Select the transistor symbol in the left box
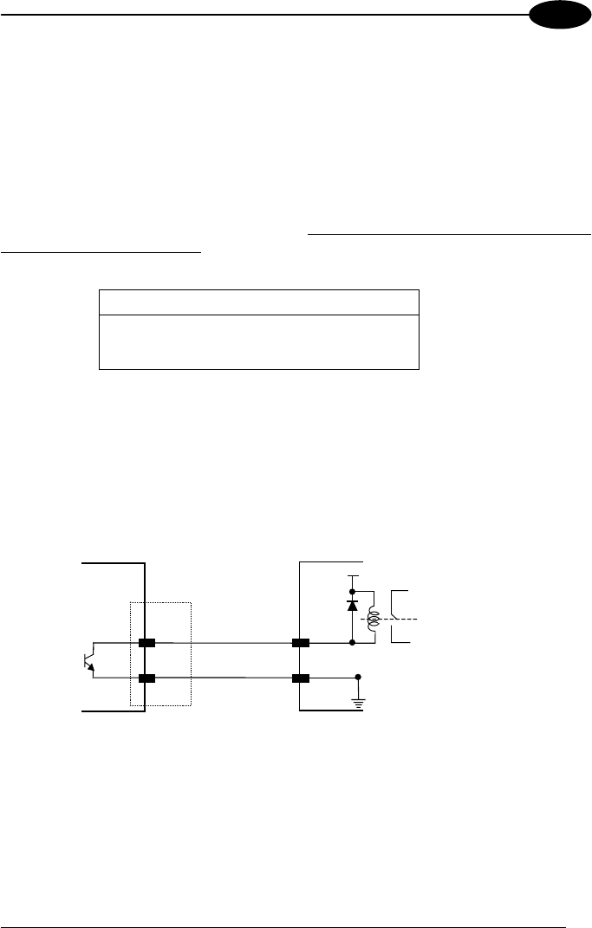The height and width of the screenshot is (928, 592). tap(88, 661)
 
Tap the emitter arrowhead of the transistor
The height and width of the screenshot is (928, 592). tap(92, 670)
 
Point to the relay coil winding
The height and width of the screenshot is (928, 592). tap(374, 618)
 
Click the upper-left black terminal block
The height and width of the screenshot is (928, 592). tap(146, 644)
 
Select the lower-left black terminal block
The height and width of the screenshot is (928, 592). tap(146, 678)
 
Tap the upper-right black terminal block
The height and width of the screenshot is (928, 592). tap(301, 644)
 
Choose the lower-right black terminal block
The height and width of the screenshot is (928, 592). tap(301, 678)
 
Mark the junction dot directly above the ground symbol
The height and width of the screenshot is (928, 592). tap(358, 678)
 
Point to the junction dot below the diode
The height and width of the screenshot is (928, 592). tap(352, 644)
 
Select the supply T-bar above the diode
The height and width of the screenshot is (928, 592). tap(352, 576)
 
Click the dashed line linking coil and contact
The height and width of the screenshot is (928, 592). tap(399, 619)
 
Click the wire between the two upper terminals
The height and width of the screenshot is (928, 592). tap(224, 644)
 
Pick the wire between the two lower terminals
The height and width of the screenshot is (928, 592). tap(224, 678)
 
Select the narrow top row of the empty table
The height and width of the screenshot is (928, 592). tap(259, 302)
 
